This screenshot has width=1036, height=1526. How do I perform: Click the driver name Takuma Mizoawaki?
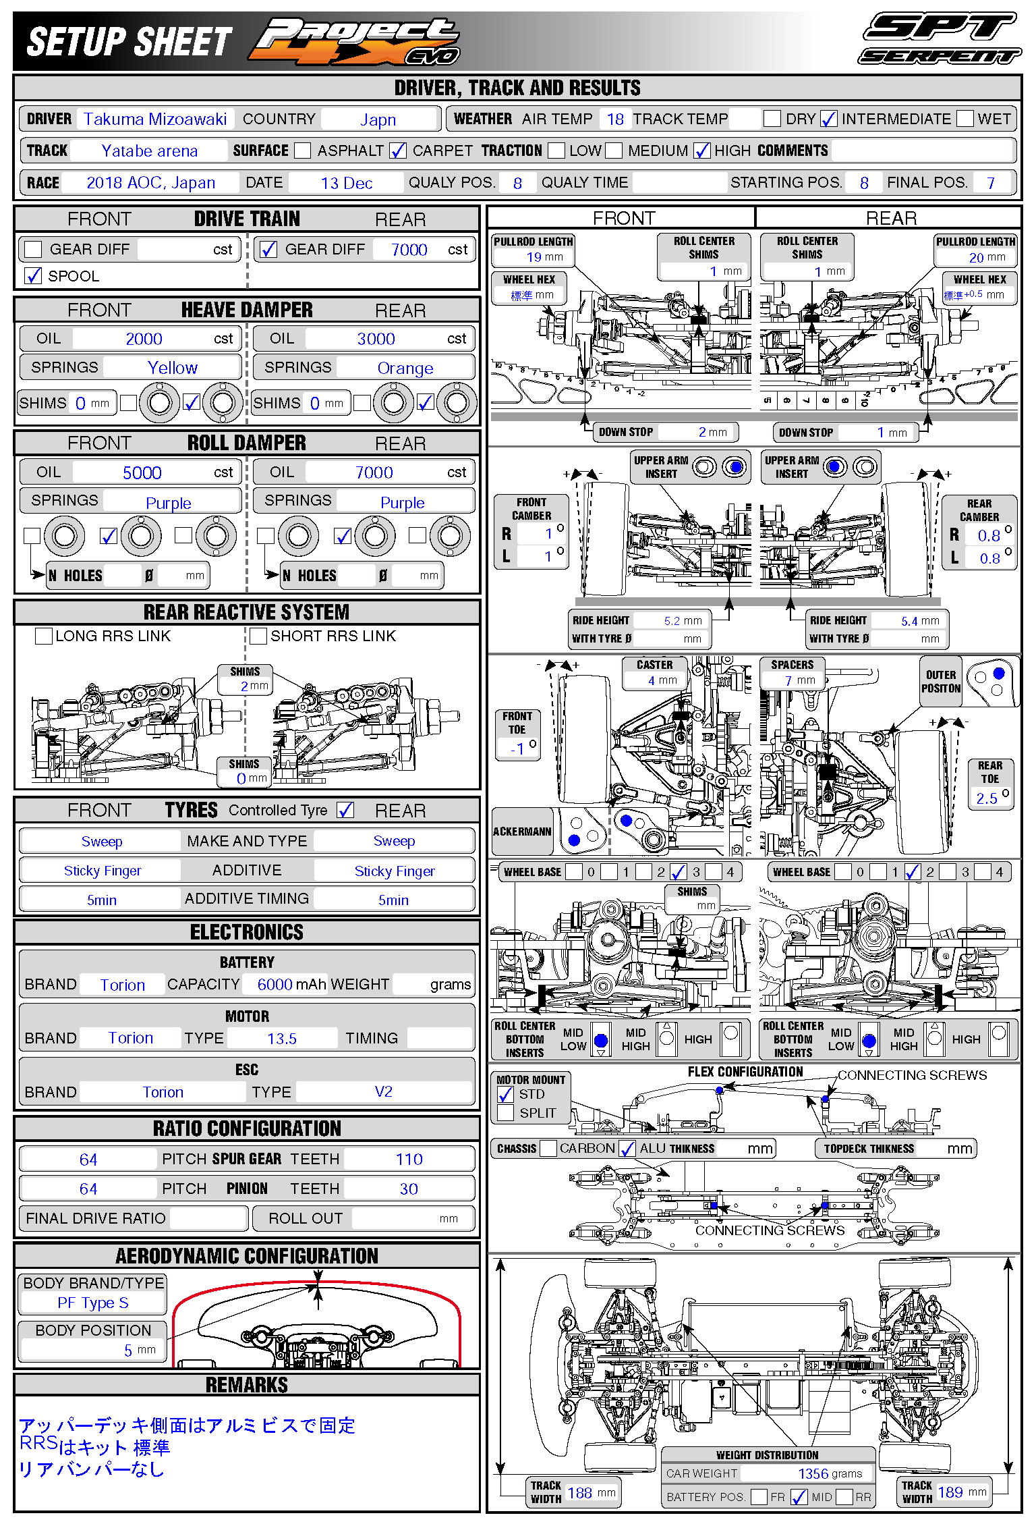coord(155,119)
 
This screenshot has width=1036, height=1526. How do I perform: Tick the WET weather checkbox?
coord(965,119)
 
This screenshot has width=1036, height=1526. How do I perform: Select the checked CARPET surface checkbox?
coord(398,151)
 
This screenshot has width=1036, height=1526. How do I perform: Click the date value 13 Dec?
coord(346,183)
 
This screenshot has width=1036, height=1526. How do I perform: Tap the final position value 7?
coord(990,183)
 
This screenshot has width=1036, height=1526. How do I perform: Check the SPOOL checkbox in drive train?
coord(33,275)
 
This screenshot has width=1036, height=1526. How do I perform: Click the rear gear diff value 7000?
coord(409,250)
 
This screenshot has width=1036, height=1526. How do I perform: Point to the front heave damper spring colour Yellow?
coord(172,368)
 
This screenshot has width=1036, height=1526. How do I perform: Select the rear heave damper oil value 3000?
coord(376,339)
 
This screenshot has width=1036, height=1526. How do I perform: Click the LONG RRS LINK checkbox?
coord(44,636)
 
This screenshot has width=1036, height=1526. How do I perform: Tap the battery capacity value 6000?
coord(275,985)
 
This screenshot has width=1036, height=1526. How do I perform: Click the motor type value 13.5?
coord(281,1039)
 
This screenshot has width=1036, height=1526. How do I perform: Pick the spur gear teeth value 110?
coord(409,1159)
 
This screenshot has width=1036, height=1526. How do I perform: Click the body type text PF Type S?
coord(92,1303)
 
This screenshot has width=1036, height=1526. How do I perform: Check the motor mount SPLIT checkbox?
coord(505,1113)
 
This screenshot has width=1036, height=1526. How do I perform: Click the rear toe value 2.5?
coord(987,798)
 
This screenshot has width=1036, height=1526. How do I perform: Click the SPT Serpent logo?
coord(940,38)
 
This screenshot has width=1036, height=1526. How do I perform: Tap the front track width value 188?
coord(579,1493)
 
